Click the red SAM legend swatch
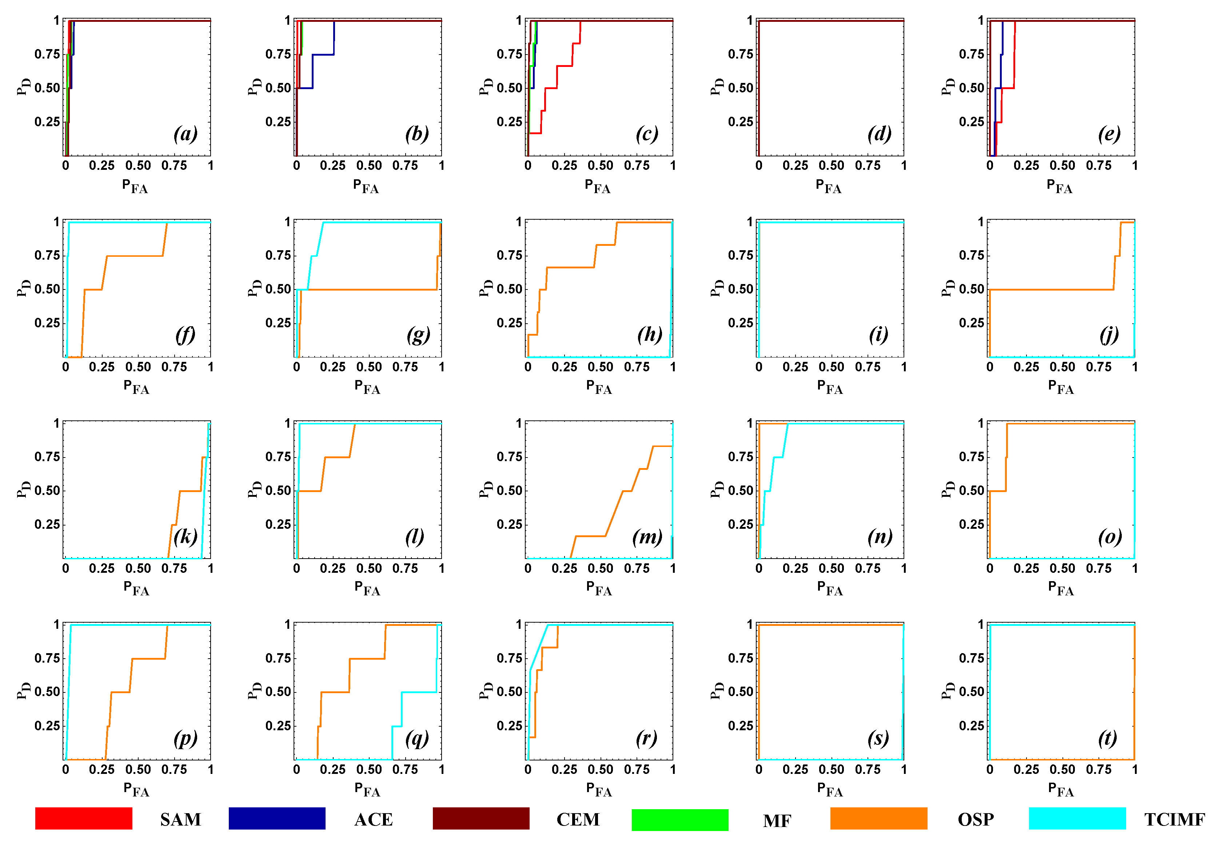83,818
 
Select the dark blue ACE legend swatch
277,818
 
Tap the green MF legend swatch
680,820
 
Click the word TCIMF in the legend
1174,819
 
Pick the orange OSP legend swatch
878,818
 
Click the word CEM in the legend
578,819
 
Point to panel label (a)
186,133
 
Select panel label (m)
647,537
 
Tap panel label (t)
1107,738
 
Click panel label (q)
417,738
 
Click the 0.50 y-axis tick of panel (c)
509,88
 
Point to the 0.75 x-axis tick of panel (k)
174,568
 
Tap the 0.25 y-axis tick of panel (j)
971,323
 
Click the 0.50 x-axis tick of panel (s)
831,770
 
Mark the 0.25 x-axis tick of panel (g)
333,367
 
